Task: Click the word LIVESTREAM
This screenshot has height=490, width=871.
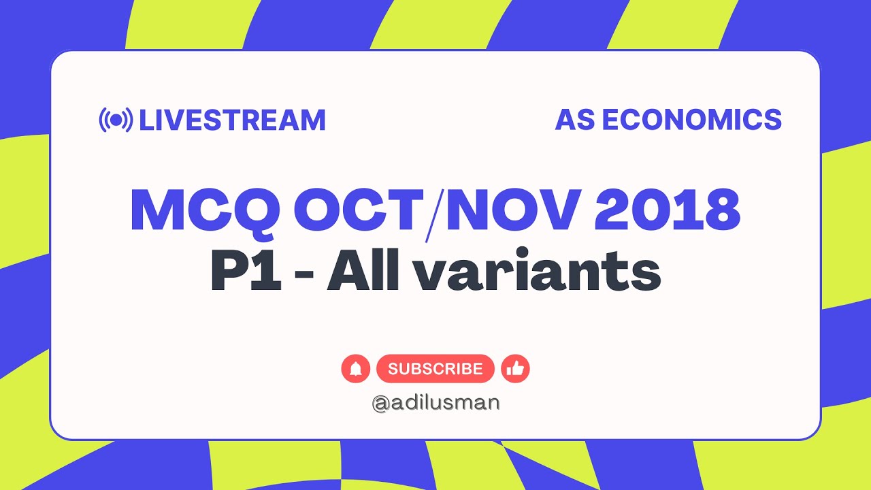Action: [x=232, y=120]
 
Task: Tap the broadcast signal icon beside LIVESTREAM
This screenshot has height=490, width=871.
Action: [x=116, y=120]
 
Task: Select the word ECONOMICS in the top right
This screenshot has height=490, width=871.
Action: [x=691, y=120]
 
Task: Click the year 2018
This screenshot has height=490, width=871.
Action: [x=667, y=210]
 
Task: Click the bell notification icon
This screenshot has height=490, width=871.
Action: [x=355, y=369]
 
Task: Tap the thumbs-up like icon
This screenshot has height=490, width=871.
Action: [x=515, y=369]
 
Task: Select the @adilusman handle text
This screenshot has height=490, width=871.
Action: [x=435, y=403]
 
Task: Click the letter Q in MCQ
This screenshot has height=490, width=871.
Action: [x=262, y=212]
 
